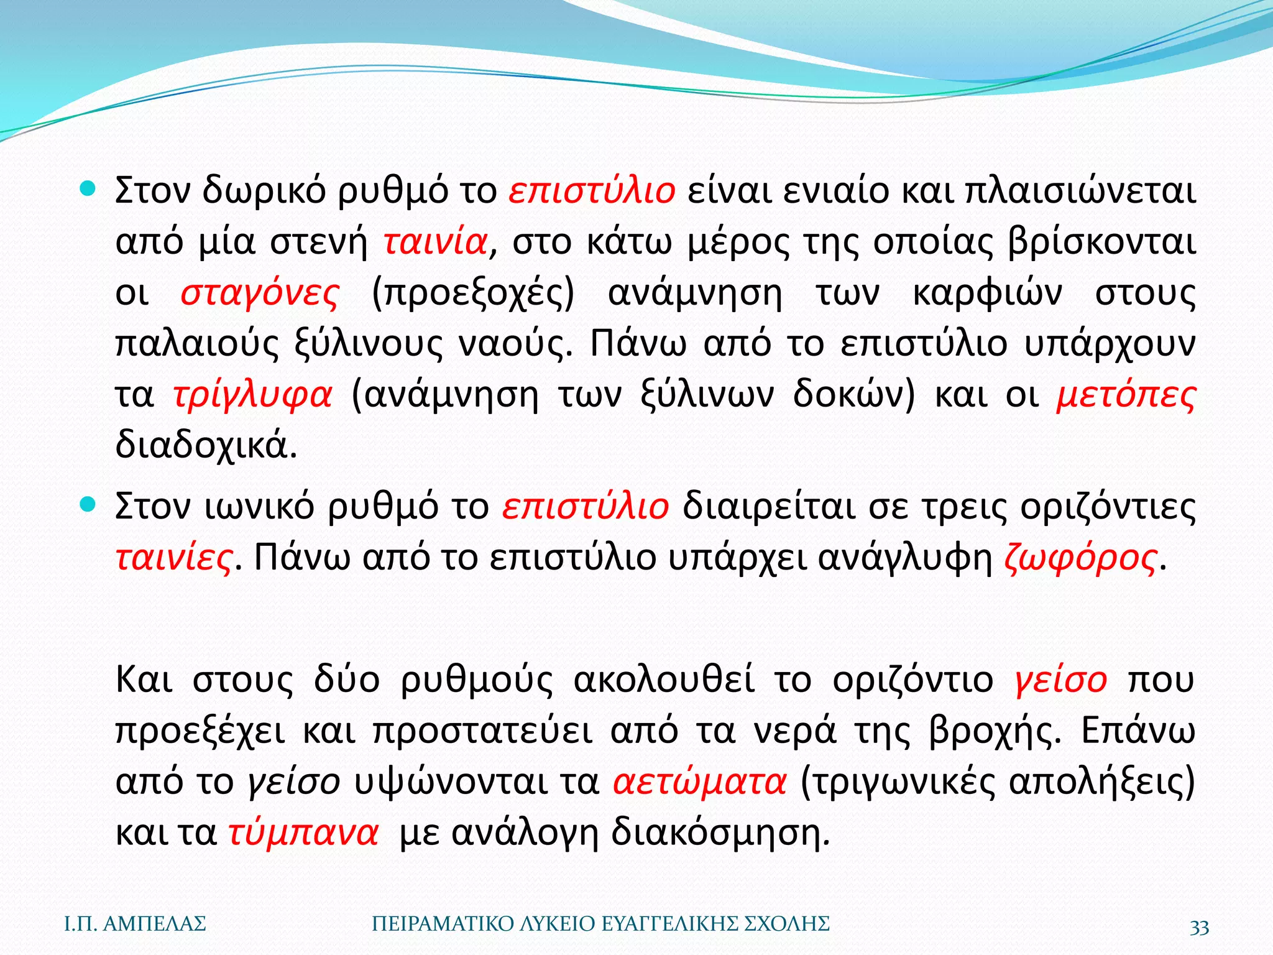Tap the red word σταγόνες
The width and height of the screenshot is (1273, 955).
(260, 293)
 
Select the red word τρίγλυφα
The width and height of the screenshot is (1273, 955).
(252, 395)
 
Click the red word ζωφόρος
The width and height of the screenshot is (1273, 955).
(1081, 558)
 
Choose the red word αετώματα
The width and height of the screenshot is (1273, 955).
(700, 782)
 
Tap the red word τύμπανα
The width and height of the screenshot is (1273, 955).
(303, 833)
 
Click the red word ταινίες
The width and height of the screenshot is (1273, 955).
(174, 558)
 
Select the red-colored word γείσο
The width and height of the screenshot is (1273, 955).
(1060, 680)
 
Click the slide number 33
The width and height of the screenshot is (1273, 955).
(1199, 927)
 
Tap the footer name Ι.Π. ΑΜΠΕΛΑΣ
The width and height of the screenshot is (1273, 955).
(136, 925)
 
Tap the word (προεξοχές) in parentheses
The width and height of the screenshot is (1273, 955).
(473, 293)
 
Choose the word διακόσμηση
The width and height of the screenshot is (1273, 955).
(720, 833)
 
